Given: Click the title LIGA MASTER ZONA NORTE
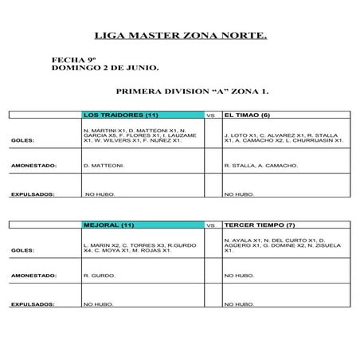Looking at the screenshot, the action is (180, 37).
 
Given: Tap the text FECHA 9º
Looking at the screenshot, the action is (68, 60).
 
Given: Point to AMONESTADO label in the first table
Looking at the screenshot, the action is (32, 166).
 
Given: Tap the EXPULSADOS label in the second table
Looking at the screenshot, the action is (32, 304).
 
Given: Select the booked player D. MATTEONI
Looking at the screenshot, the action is (104, 166).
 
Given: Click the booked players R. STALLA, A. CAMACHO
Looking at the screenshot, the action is (261, 166).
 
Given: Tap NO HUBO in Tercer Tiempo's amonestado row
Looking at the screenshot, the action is (239, 276).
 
